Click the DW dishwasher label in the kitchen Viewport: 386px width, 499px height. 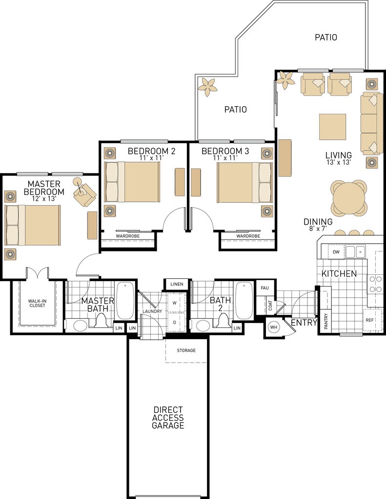tap(336, 252)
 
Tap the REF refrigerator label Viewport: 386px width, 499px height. tap(369, 320)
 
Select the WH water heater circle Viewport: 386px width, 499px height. tap(274, 327)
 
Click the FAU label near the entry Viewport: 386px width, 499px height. tap(264, 288)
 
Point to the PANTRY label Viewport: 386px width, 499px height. tap(326, 322)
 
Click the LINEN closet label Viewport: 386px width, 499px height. tap(177, 284)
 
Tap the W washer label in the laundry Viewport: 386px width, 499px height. tap(174, 303)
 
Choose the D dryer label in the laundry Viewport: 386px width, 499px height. tap(174, 323)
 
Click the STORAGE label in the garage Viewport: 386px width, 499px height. tap(186, 350)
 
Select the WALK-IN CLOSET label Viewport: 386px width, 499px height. tap(37, 303)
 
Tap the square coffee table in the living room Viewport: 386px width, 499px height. tap(332, 127)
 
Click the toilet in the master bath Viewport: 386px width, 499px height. tap(101, 320)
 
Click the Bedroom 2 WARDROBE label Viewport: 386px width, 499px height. tap(128, 236)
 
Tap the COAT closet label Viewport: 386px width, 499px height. tap(270, 306)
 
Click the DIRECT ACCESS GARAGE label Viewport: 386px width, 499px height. tap(168, 418)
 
